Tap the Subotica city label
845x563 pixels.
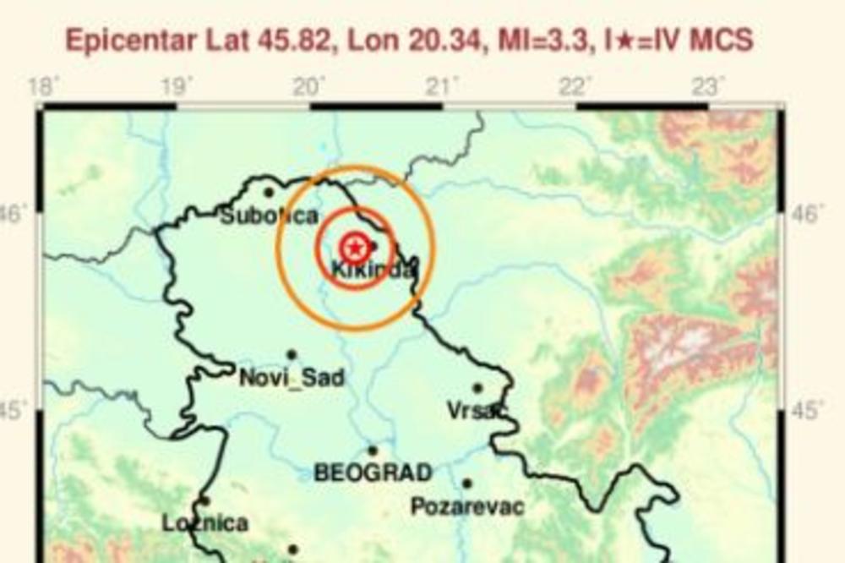[x=269, y=216]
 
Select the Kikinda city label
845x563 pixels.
[x=373, y=271]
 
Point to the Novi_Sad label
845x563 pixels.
[x=292, y=378]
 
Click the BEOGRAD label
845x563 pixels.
[x=373, y=473]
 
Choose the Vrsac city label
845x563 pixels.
[x=477, y=411]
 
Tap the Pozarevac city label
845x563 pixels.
[x=466, y=507]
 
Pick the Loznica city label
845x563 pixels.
[x=205, y=523]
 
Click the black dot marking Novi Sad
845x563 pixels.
[x=292, y=355]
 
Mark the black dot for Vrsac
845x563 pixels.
[x=477, y=388]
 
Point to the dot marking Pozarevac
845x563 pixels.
[x=466, y=484]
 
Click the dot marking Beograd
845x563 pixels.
[x=373, y=451]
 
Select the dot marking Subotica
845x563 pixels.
[x=269, y=193]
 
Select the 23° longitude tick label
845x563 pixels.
[x=708, y=86]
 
